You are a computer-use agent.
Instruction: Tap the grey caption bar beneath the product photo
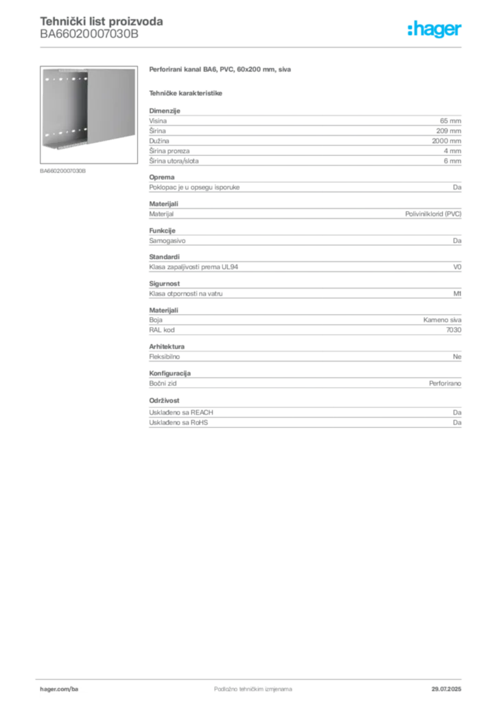click(63, 170)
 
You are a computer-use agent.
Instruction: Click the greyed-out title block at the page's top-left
click(102, 27)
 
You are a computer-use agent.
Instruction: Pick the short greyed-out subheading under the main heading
click(187, 92)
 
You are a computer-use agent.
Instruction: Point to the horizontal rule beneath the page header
click(253, 47)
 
